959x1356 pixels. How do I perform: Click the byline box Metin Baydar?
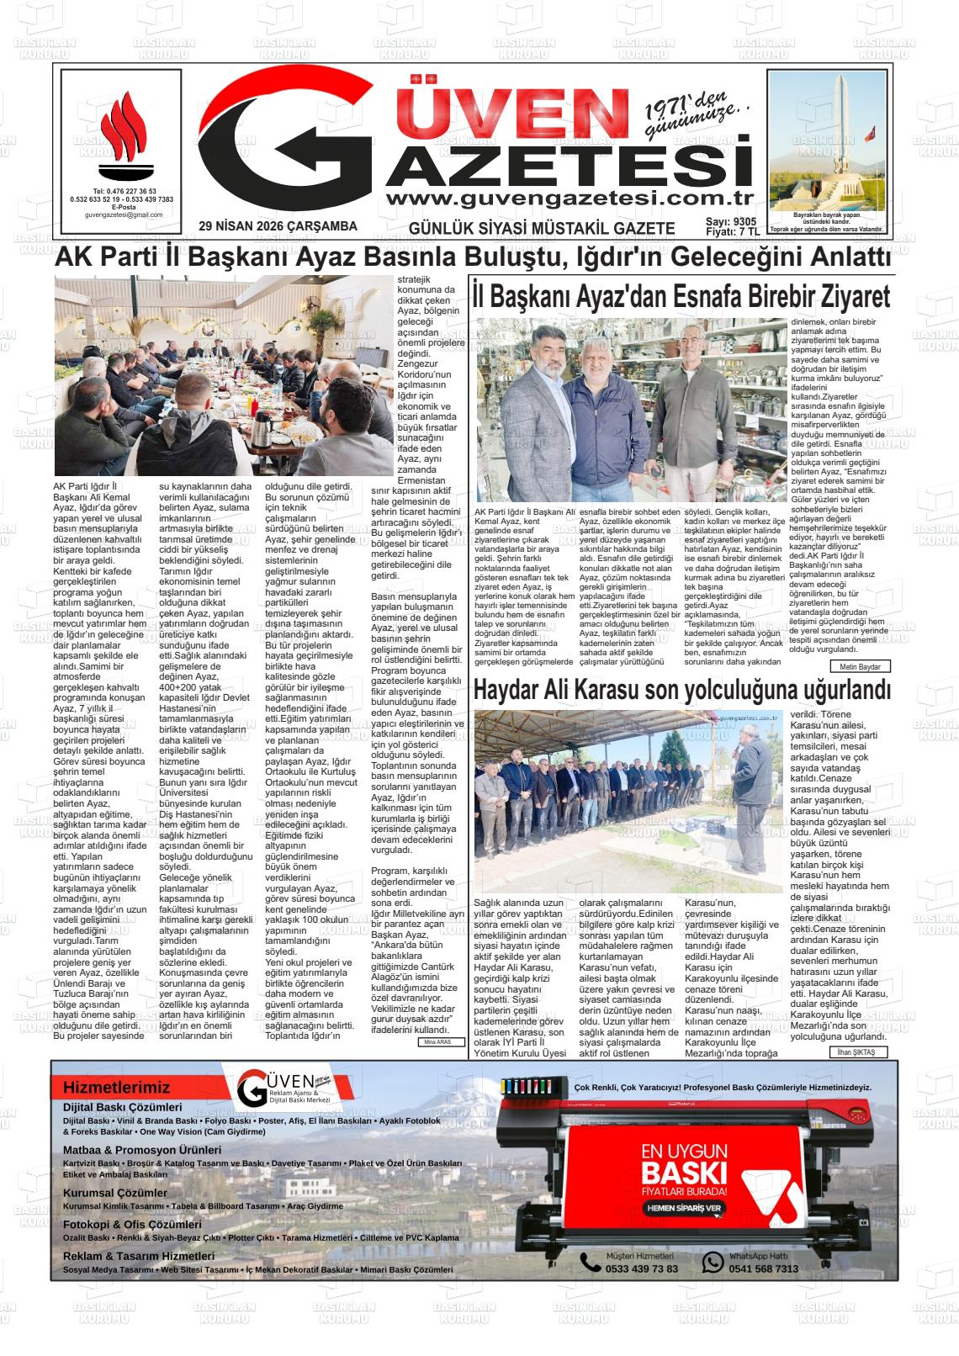point(859,666)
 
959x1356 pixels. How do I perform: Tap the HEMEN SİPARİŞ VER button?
point(683,1208)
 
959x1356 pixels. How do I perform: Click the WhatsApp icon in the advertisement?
point(713,1262)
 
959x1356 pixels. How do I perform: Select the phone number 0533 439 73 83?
point(642,1269)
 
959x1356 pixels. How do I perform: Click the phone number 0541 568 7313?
point(763,1269)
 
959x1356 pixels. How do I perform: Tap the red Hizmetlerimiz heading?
point(116,1088)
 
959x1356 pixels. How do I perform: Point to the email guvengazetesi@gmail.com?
point(124,215)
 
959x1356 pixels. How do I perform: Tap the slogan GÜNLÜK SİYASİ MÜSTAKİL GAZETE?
point(541,228)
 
